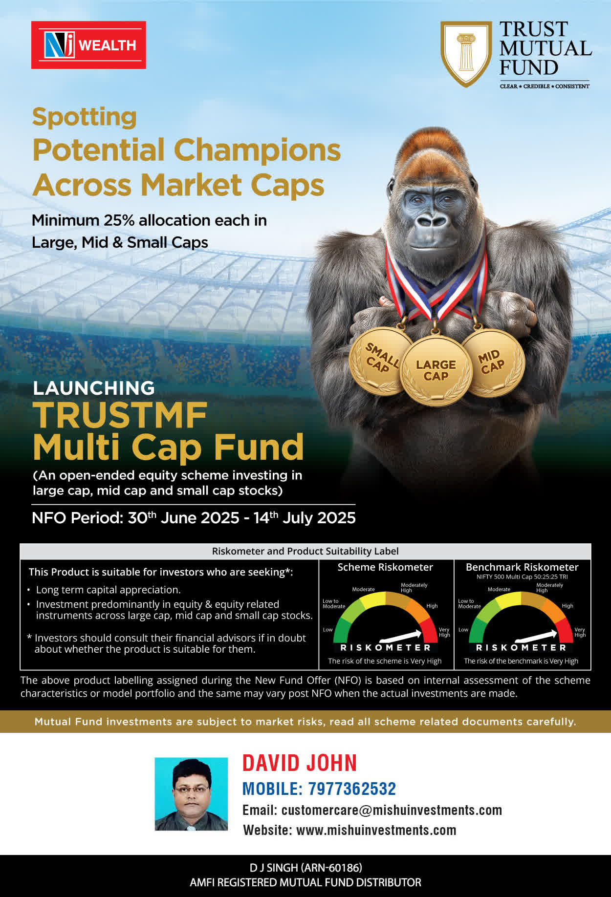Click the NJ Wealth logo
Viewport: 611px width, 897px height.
pyautogui.click(x=88, y=45)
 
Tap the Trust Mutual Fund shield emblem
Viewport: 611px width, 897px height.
pyautogui.click(x=466, y=54)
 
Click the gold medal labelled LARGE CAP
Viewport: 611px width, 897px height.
pyautogui.click(x=436, y=370)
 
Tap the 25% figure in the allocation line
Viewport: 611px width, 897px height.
pyautogui.click(x=119, y=220)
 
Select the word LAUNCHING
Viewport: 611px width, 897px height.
pyautogui.click(x=94, y=388)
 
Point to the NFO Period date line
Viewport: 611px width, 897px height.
pyautogui.click(x=194, y=517)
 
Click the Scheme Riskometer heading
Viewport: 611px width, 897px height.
pyautogui.click(x=385, y=567)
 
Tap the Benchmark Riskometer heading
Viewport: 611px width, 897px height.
pyautogui.click(x=522, y=567)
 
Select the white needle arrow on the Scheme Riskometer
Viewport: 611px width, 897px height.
pyautogui.click(x=400, y=636)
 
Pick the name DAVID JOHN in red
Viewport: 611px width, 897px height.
pyautogui.click(x=300, y=763)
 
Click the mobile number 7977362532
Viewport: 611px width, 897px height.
pyautogui.click(x=352, y=789)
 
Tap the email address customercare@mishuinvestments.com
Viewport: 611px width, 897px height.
pyautogui.click(x=392, y=811)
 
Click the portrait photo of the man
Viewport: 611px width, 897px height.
pyautogui.click(x=191, y=794)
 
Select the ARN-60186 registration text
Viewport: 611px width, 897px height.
pyautogui.click(x=331, y=868)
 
